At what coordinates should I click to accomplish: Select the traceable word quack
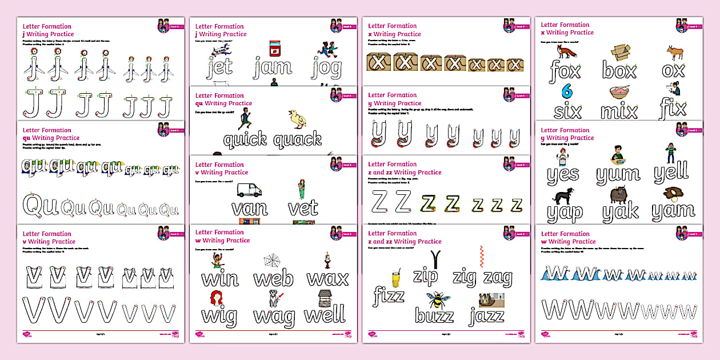point(297,139)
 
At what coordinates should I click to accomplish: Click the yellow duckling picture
point(297,118)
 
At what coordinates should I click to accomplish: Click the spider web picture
point(274,261)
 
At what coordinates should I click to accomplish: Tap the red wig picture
point(217,298)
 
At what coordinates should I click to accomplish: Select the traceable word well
point(325,315)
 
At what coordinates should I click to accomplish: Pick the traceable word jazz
point(486,315)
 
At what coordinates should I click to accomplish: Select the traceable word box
point(619,71)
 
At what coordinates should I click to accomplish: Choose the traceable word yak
point(620,212)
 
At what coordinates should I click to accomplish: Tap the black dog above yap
point(563,195)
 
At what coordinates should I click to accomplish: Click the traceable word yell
point(671,171)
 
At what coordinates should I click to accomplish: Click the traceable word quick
point(245,139)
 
